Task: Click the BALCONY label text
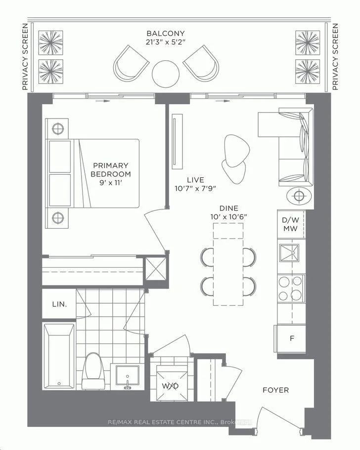166,33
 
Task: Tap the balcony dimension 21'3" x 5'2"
166,42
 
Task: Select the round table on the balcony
166,74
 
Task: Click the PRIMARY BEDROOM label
111,169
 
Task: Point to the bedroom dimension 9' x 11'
111,183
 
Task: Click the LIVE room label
195,180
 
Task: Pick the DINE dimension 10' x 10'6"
228,217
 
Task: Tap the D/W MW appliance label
290,224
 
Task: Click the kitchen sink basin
289,253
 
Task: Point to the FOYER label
276,390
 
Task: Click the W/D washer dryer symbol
170,386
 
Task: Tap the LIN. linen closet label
59,304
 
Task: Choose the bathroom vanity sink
127,376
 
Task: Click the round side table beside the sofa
299,196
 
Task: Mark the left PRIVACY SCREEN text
25,57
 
